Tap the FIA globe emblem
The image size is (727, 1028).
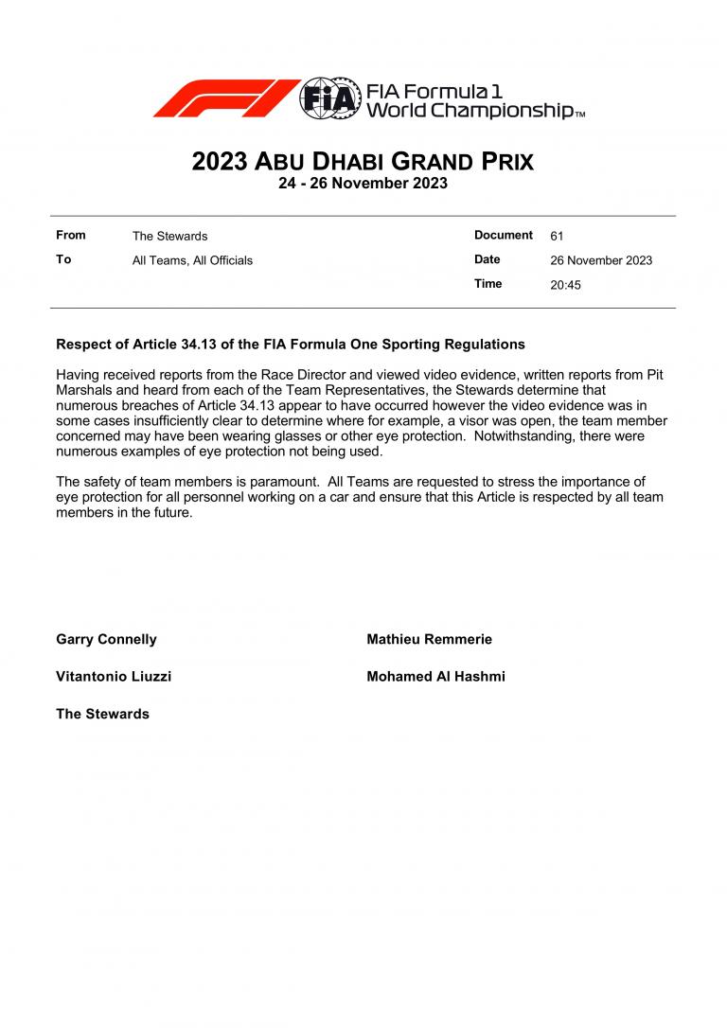[x=329, y=97]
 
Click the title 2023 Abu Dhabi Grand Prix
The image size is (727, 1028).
[x=363, y=162]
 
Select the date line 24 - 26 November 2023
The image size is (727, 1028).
[x=363, y=184]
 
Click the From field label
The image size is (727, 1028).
[x=71, y=236]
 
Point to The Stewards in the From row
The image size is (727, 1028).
[x=169, y=237]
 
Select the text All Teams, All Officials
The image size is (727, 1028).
[x=192, y=260]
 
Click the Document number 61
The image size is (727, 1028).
[x=557, y=237]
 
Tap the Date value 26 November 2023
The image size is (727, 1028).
[x=601, y=260]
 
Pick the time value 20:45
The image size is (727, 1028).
[x=565, y=284]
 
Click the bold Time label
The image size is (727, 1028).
[x=488, y=284]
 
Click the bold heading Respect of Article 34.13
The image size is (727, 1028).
[x=291, y=345]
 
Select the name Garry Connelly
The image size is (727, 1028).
[x=106, y=640]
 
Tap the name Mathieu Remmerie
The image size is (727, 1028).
[x=429, y=640]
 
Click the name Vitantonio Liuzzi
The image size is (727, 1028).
[x=114, y=677]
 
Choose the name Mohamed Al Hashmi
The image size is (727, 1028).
[x=435, y=677]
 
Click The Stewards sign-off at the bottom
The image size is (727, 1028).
[x=102, y=714]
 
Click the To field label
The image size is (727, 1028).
[x=63, y=259]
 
